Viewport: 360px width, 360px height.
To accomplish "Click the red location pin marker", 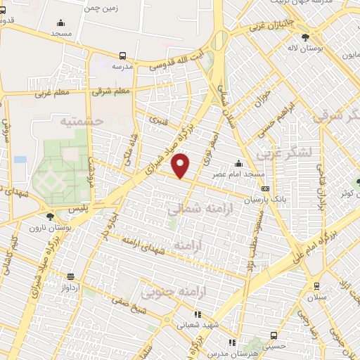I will (181, 166).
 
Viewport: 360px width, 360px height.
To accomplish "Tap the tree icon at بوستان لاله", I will (304, 37).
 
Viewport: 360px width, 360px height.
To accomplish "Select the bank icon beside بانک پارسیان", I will (265, 188).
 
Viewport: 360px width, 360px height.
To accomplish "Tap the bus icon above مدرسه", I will (123, 56).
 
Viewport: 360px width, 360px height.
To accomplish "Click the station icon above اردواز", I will (70, 276).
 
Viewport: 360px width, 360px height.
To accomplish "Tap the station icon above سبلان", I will (316, 285).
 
